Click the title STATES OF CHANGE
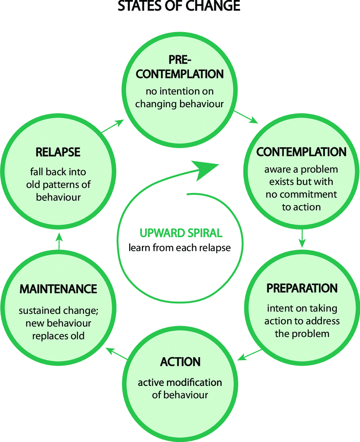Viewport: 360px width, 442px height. (x=180, y=6)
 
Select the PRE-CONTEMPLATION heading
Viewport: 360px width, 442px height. (x=180, y=67)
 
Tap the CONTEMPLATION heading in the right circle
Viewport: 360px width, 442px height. (x=301, y=152)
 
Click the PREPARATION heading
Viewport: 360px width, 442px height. (x=302, y=288)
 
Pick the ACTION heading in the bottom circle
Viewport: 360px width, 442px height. (x=180, y=362)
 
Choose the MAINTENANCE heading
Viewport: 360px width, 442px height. (x=58, y=289)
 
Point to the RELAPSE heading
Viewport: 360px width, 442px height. (x=58, y=152)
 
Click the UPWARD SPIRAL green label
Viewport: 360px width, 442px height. (x=180, y=234)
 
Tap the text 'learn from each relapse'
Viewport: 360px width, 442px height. (x=180, y=247)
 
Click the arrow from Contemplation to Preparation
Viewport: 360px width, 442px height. (x=302, y=238)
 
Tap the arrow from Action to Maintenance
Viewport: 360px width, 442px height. (x=116, y=353)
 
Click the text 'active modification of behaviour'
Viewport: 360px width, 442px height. (x=180, y=389)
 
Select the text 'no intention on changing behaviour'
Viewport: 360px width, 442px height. (x=180, y=97)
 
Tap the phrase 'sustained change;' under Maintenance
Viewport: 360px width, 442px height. (x=58, y=311)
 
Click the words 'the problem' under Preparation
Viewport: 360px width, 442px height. (x=302, y=333)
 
